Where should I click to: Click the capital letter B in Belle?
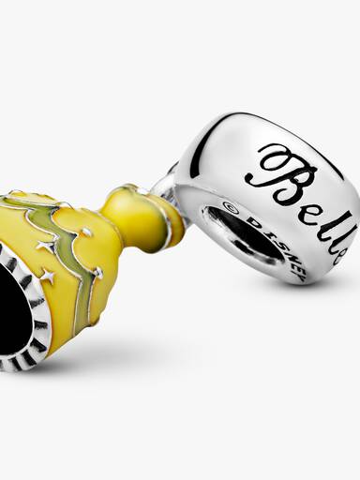[x=284, y=176]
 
